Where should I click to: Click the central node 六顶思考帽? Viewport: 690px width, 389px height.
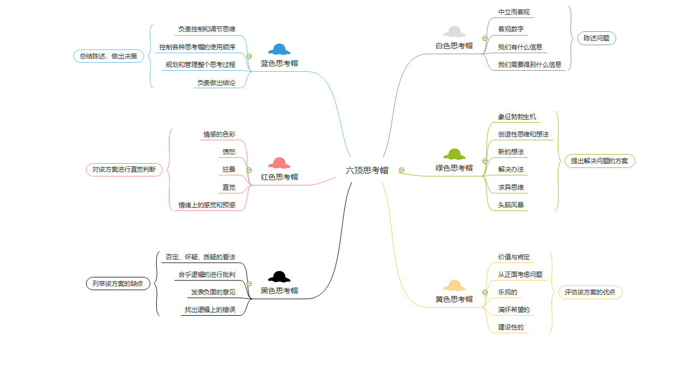[367, 171]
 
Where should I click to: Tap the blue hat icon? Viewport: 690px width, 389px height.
[279, 49]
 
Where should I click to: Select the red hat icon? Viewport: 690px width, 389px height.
[279, 163]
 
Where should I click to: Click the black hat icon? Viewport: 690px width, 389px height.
[279, 276]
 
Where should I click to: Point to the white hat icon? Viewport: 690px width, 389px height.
[454, 32]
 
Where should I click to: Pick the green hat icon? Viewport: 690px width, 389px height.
[454, 154]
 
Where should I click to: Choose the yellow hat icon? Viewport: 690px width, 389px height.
[454, 285]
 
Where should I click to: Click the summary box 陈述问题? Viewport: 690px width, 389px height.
[597, 38]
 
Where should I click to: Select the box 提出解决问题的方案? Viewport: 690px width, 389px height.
[599, 161]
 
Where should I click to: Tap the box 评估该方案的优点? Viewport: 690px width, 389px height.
[590, 292]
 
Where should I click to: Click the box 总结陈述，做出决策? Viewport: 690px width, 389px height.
[108, 56]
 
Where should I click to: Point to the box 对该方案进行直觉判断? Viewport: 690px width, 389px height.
[124, 170]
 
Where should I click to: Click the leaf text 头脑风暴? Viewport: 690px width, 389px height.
[511, 205]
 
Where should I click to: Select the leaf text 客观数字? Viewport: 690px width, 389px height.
[511, 29]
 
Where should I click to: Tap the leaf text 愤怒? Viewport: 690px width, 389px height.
[229, 152]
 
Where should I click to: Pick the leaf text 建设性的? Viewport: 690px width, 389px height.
[511, 327]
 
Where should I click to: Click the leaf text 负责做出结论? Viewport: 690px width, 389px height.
[216, 83]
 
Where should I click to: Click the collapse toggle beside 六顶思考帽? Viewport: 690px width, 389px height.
[402, 170]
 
